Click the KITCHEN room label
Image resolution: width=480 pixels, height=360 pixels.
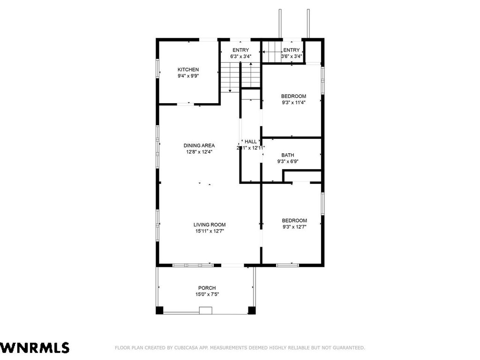click(188, 70)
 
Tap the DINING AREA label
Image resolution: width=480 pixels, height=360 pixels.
click(199, 145)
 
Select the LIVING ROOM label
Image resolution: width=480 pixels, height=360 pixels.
click(210, 225)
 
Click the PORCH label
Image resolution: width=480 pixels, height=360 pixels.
click(207, 288)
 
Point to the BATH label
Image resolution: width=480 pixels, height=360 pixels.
click(288, 155)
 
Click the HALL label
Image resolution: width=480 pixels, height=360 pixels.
click(251, 142)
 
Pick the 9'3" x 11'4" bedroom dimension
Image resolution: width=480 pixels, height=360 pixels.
click(293, 103)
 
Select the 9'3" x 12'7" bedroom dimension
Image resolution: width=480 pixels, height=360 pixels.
click(294, 227)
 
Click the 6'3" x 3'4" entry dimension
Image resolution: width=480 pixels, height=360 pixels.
click(240, 56)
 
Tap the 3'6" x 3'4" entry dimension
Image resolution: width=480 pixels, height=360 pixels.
click(292, 56)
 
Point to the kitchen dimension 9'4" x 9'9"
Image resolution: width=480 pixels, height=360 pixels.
click(188, 76)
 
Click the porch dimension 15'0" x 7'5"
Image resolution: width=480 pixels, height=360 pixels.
click(207, 294)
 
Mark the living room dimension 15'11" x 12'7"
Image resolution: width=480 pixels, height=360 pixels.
click(210, 231)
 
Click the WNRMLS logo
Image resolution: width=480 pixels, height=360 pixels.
click(35, 348)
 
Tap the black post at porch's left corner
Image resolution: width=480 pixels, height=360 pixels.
click(159, 310)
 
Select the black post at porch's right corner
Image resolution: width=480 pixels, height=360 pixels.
click(252, 310)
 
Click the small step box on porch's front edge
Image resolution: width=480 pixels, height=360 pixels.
click(206, 310)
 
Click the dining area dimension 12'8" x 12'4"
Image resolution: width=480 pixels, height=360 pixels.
click(199, 151)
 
